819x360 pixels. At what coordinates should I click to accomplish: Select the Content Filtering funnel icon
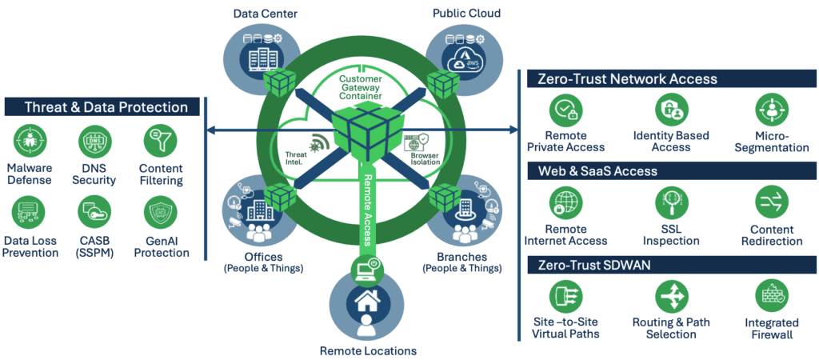point(160,142)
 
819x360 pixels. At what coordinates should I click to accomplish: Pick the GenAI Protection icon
point(160,214)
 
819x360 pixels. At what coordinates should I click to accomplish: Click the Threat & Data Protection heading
point(106,107)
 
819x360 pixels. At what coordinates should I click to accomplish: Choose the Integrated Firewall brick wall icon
point(772,298)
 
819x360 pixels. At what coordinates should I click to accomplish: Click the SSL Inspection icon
point(671,205)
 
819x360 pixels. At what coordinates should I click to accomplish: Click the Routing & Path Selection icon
point(671,298)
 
